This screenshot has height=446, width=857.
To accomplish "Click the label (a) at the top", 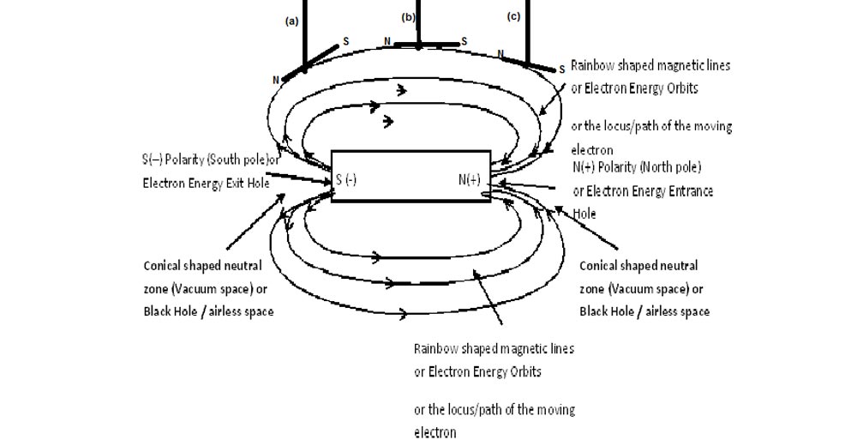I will point(291,22).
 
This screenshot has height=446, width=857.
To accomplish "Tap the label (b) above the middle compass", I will point(409,17).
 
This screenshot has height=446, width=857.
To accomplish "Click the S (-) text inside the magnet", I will point(346,179).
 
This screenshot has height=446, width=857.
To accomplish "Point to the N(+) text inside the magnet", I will point(469,179).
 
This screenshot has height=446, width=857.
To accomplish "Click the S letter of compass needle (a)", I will point(346,40).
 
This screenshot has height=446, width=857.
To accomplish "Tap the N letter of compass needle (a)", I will point(276,80).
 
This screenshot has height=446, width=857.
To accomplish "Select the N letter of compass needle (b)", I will point(387,41).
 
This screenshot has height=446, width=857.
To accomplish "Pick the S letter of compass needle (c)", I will point(561,68).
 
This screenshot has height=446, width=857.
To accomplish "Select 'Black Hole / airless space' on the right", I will point(644,311).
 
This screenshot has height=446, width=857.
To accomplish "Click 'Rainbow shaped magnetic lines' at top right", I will point(650,65).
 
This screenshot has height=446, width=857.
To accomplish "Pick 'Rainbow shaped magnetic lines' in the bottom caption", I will point(494,349).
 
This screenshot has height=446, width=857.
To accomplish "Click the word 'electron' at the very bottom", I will point(435,433).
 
